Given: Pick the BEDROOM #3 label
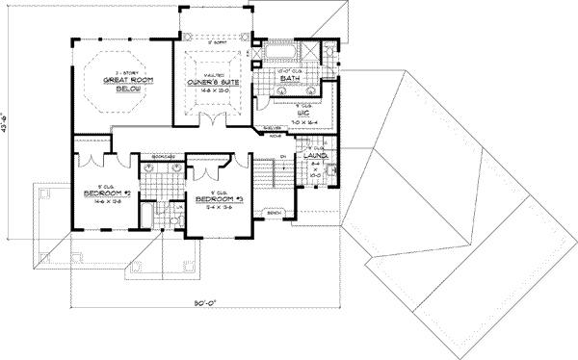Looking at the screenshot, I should click(218, 200).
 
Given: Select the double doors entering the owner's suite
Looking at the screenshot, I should click(210, 119).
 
